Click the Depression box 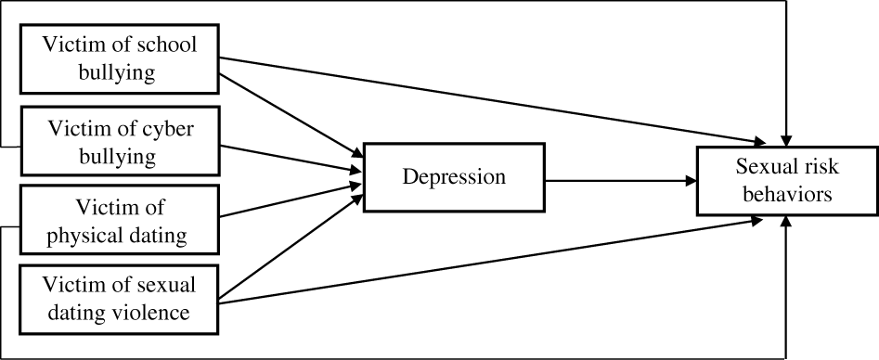(x=454, y=176)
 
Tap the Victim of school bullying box (x=120, y=58)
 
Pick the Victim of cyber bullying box (x=120, y=142)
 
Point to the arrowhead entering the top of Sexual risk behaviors (x=787, y=139)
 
